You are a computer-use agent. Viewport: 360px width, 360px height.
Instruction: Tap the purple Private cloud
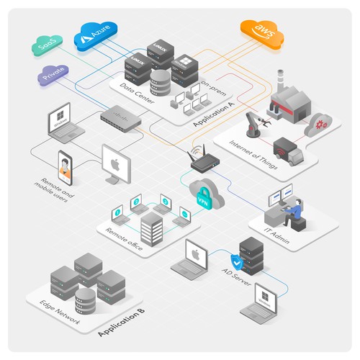click(x=53, y=73)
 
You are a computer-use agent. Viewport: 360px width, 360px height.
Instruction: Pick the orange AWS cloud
click(x=261, y=31)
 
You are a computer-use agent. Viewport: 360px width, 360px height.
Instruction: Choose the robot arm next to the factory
click(x=253, y=123)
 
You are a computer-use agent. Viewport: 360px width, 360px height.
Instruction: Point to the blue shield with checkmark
click(x=234, y=261)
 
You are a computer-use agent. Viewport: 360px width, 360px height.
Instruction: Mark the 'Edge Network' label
click(x=56, y=302)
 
